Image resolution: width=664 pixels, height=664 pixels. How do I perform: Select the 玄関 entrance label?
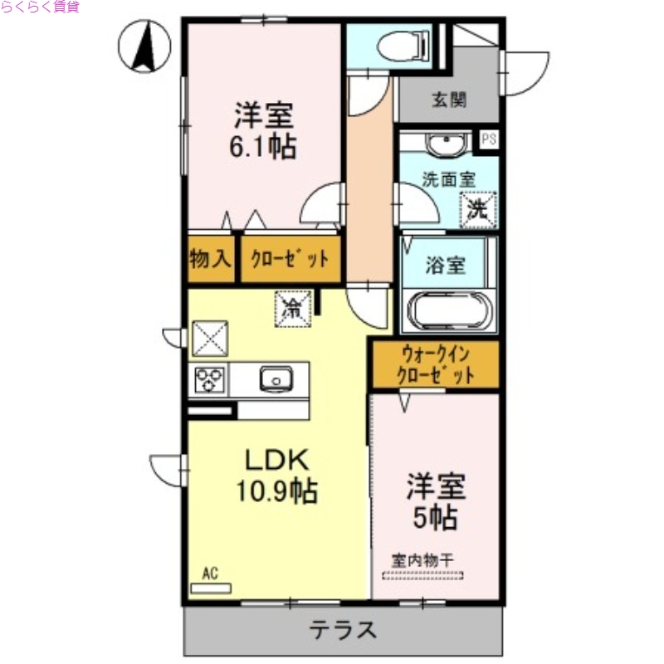pyautogui.click(x=448, y=101)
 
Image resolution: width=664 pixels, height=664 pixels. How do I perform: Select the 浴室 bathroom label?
pyautogui.click(x=446, y=266)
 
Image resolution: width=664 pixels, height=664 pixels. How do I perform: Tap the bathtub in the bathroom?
pyautogui.click(x=450, y=312)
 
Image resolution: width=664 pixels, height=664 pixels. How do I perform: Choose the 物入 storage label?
pyautogui.click(x=210, y=259)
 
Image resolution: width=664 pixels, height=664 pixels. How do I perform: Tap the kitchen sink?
pyautogui.click(x=276, y=379)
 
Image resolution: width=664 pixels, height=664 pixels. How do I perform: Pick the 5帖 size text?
pyautogui.click(x=435, y=517)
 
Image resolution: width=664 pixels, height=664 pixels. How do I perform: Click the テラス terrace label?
pyautogui.click(x=344, y=632)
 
